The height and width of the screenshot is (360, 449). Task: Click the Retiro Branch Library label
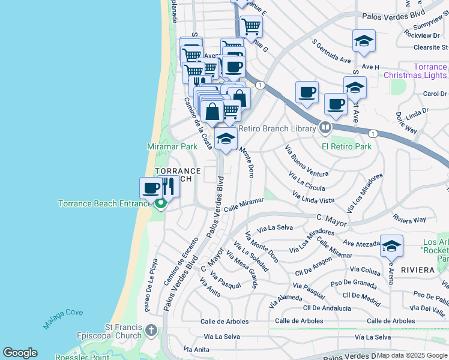click(x=277, y=128)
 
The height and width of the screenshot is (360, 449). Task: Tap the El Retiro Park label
click(x=346, y=146)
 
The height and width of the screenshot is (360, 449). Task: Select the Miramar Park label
click(x=172, y=146)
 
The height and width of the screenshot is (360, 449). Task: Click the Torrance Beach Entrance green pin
click(x=160, y=205)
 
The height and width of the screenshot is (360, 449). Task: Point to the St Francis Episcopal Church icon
click(x=151, y=331)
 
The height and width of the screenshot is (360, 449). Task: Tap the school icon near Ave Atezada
click(x=391, y=245)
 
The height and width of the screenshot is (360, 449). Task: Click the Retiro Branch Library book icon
click(x=325, y=127)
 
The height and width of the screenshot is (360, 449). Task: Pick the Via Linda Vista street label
click(x=313, y=197)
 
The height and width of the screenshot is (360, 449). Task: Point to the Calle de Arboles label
click(x=300, y=321)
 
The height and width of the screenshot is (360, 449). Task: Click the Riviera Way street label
click(x=409, y=219)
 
